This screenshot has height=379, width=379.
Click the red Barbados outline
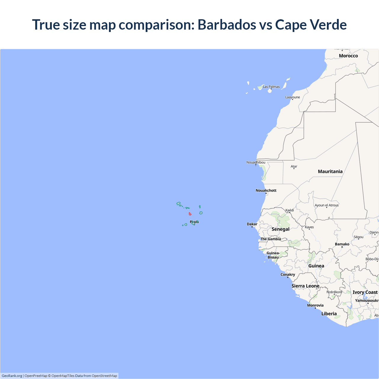click(190, 214)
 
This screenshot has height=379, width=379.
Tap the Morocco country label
click(348, 56)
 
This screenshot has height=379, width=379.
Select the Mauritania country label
click(330, 171)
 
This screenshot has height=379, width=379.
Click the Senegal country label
click(280, 229)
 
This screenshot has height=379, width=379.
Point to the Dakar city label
click(252, 224)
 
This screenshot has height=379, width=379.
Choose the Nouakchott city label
click(266, 190)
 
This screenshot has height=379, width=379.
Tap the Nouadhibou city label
click(256, 162)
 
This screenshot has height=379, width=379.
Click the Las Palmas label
click(271, 87)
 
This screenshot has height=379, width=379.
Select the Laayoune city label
click(293, 97)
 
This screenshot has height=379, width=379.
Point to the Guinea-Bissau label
click(273, 255)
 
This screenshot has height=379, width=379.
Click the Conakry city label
click(288, 274)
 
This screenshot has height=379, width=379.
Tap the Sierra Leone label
click(305, 286)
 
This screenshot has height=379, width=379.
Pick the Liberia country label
click(329, 314)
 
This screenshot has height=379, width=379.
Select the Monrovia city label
click(315, 305)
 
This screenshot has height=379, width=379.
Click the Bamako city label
click(342, 244)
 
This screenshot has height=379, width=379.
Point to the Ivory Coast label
click(365, 292)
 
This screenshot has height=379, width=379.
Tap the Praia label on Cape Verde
click(194, 222)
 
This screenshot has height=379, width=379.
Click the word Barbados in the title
click(227, 25)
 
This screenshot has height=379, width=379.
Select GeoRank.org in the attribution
click(12, 376)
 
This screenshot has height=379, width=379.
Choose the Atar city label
click(294, 166)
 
